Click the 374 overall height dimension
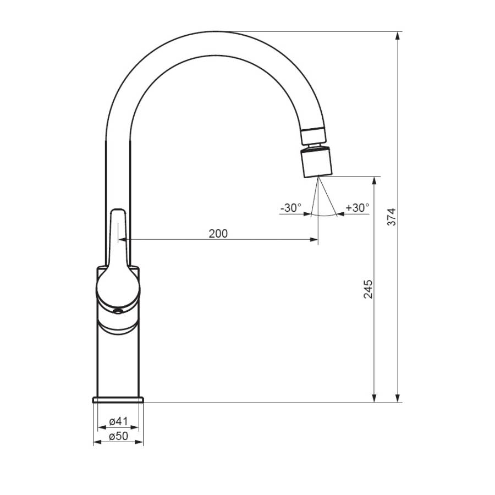(392, 217)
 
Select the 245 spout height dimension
(368, 289)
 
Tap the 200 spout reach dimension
(218, 234)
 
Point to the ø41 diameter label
(118, 421)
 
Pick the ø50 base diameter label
(118, 436)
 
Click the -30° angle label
(291, 208)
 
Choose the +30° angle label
(358, 208)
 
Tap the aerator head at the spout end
(316, 163)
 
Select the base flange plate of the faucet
(118, 400)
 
